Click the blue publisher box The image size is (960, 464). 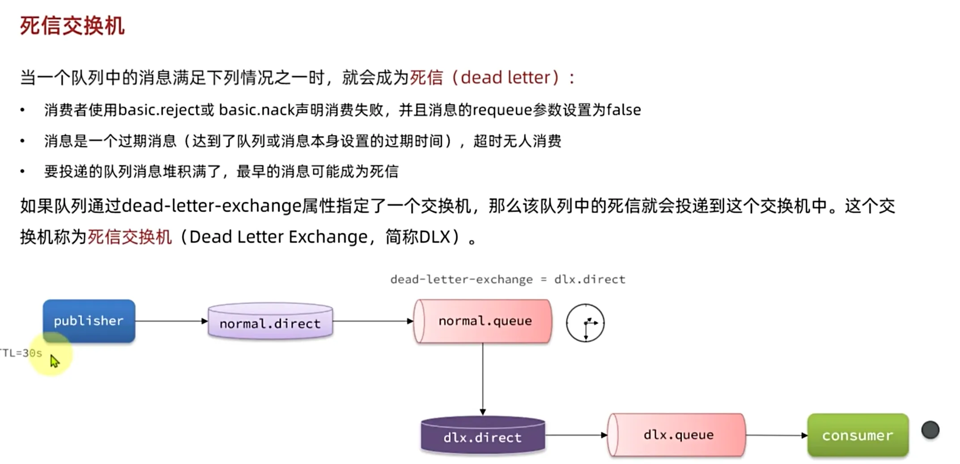click(89, 321)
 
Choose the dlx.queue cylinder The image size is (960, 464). click(677, 434)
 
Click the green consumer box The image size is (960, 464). click(858, 435)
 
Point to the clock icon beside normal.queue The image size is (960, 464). click(585, 323)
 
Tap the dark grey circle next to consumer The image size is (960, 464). click(930, 430)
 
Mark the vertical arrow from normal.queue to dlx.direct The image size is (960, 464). click(483, 378)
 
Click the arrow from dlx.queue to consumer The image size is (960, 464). click(776, 435)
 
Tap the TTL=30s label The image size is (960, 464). click(21, 353)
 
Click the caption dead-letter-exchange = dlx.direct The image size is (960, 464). click(508, 279)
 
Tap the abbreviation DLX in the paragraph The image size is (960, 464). click(434, 237)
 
